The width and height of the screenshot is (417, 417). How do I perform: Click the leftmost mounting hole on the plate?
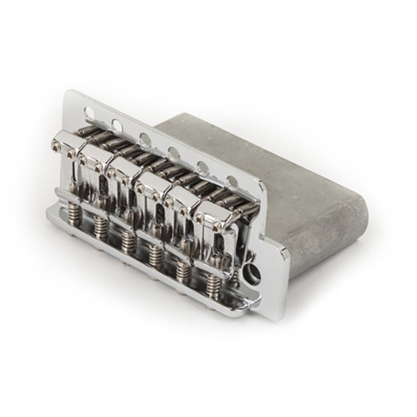click(88, 112)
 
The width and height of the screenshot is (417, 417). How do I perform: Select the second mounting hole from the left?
click(117, 125)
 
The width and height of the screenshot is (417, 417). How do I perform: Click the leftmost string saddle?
click(67, 150)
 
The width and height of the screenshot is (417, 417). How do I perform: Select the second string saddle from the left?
click(94, 165)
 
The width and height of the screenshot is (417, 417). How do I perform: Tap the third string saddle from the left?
click(124, 178)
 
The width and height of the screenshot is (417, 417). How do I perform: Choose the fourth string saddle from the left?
click(153, 193)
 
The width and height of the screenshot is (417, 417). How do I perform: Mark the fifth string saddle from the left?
click(182, 208)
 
